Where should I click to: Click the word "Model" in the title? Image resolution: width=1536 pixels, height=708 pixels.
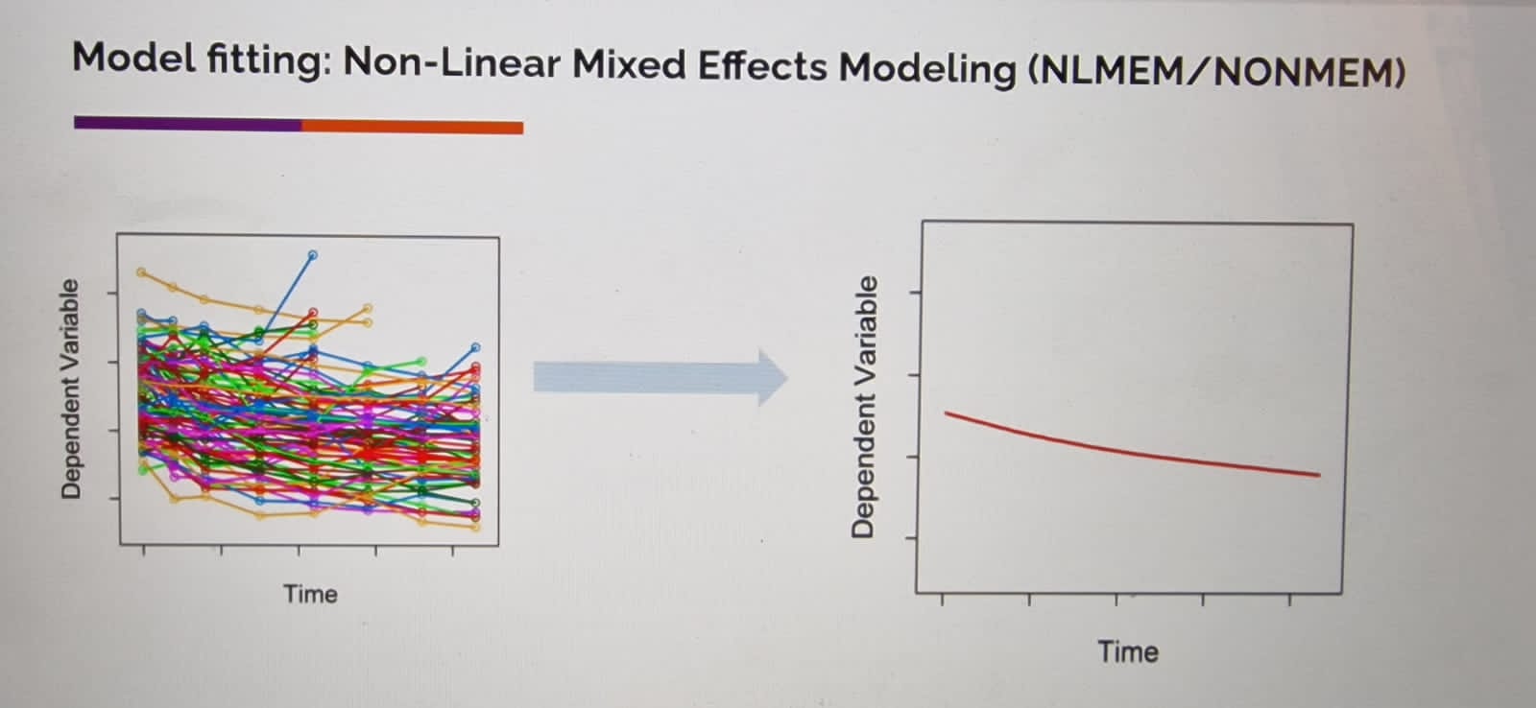(133, 58)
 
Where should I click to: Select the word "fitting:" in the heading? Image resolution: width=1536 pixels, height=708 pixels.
(269, 61)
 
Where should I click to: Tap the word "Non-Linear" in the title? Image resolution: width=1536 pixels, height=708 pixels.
(452, 63)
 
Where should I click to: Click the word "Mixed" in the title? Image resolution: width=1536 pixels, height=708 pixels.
(629, 65)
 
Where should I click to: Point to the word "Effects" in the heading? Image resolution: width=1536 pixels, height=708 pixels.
(762, 66)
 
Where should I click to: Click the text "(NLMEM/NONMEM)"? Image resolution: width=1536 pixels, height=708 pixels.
(1216, 72)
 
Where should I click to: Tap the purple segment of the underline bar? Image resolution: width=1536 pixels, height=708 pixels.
(188, 124)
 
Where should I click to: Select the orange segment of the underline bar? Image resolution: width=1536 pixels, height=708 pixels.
(412, 127)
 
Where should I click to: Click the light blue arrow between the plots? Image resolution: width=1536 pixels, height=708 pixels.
(660, 378)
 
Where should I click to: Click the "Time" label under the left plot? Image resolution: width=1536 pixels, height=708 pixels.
(311, 594)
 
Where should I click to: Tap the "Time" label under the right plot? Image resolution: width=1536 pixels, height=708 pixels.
(1128, 651)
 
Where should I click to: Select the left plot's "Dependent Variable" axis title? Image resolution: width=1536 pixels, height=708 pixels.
(71, 389)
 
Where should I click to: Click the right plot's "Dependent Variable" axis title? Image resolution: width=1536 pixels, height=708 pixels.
(863, 407)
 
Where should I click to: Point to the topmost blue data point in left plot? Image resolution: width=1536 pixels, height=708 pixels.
(313, 255)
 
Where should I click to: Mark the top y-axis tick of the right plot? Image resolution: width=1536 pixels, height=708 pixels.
(915, 293)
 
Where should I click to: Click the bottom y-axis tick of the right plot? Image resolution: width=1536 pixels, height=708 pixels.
(912, 538)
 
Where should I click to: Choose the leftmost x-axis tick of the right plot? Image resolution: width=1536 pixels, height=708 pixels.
(942, 600)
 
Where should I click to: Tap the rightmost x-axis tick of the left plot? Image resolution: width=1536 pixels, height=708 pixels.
(452, 551)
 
